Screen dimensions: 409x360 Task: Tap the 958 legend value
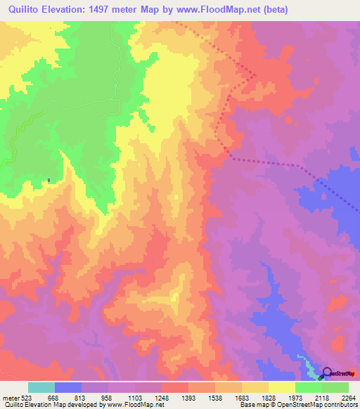click(107, 397)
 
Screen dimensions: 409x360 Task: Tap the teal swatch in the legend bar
click(41, 387)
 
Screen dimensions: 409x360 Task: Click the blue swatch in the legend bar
click(68, 387)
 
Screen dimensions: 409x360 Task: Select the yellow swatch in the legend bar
click(281, 387)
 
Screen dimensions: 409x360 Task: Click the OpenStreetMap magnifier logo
click(326, 373)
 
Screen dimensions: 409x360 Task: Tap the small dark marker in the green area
click(49, 181)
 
